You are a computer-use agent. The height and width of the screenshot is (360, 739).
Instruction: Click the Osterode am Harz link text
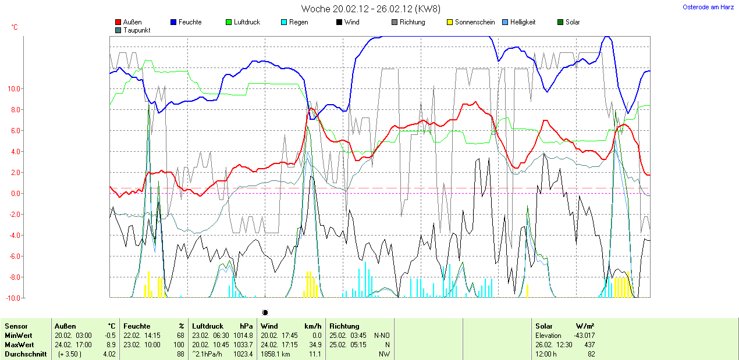[x=708, y=7]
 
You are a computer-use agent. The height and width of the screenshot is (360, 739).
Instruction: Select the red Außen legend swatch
[x=118, y=22]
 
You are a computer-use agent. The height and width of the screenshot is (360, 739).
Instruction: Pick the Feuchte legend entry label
[x=190, y=22]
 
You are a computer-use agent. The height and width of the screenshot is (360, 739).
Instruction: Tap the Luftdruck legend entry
[x=247, y=22]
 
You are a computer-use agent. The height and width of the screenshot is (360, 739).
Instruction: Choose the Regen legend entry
[x=299, y=22]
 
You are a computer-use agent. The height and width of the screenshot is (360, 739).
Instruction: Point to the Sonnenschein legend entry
[x=475, y=22]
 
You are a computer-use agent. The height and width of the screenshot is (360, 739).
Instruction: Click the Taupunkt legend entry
[x=137, y=30]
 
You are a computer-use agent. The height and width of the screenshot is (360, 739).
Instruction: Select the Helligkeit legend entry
[x=523, y=22]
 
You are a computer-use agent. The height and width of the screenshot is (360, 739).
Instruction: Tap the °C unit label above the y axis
[x=15, y=27]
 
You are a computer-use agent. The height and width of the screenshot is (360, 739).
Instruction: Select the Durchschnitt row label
[x=26, y=354]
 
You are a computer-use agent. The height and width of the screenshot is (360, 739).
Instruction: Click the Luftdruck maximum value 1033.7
[x=243, y=345]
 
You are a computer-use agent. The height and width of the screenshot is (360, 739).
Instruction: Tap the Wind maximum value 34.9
[x=315, y=345]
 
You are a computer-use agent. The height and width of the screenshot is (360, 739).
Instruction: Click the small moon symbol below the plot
[x=265, y=312]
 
